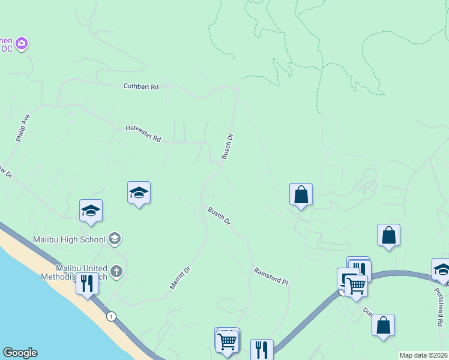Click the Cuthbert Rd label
(x=141, y=87)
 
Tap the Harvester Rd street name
(x=143, y=134)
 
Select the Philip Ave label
(x=23, y=128)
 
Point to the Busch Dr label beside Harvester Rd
(x=227, y=146)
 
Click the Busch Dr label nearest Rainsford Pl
(x=219, y=216)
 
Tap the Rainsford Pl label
(x=271, y=276)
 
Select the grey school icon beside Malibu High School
(x=115, y=239)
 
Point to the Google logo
(x=20, y=353)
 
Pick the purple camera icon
(x=22, y=43)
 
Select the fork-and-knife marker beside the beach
(x=88, y=283)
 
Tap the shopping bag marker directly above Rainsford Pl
(x=301, y=194)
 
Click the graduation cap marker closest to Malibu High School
(x=91, y=211)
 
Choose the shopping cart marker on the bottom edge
(x=228, y=342)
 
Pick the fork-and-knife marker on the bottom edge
(x=262, y=349)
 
